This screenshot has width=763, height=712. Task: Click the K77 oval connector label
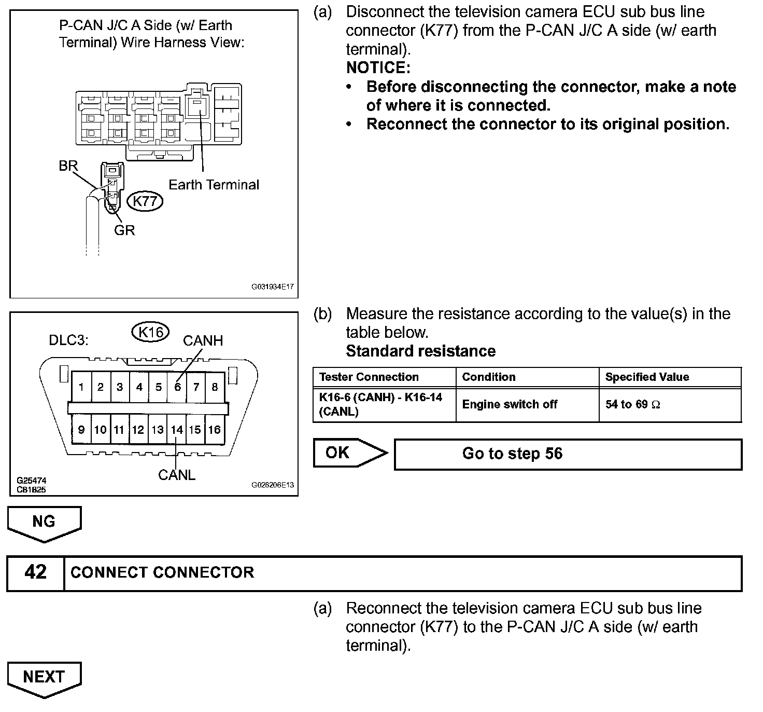(145, 201)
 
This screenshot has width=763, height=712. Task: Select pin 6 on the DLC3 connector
(177, 387)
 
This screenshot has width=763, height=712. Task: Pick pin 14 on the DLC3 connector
(177, 430)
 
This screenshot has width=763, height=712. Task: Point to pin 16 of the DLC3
(215, 430)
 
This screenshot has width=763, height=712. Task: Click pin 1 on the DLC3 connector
(81, 387)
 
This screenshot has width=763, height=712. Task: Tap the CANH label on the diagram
(203, 340)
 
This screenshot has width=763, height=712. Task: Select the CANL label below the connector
(177, 475)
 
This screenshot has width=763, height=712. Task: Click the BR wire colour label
(68, 166)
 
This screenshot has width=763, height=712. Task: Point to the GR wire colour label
(124, 230)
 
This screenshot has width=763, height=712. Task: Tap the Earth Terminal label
(214, 185)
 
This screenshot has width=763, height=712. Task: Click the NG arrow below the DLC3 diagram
(44, 523)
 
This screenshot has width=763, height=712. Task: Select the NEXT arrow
(44, 678)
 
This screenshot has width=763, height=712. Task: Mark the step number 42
(35, 572)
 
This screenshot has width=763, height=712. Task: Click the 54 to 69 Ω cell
(632, 404)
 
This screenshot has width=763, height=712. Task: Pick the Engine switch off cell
(510, 404)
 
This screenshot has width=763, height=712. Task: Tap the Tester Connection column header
(369, 377)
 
